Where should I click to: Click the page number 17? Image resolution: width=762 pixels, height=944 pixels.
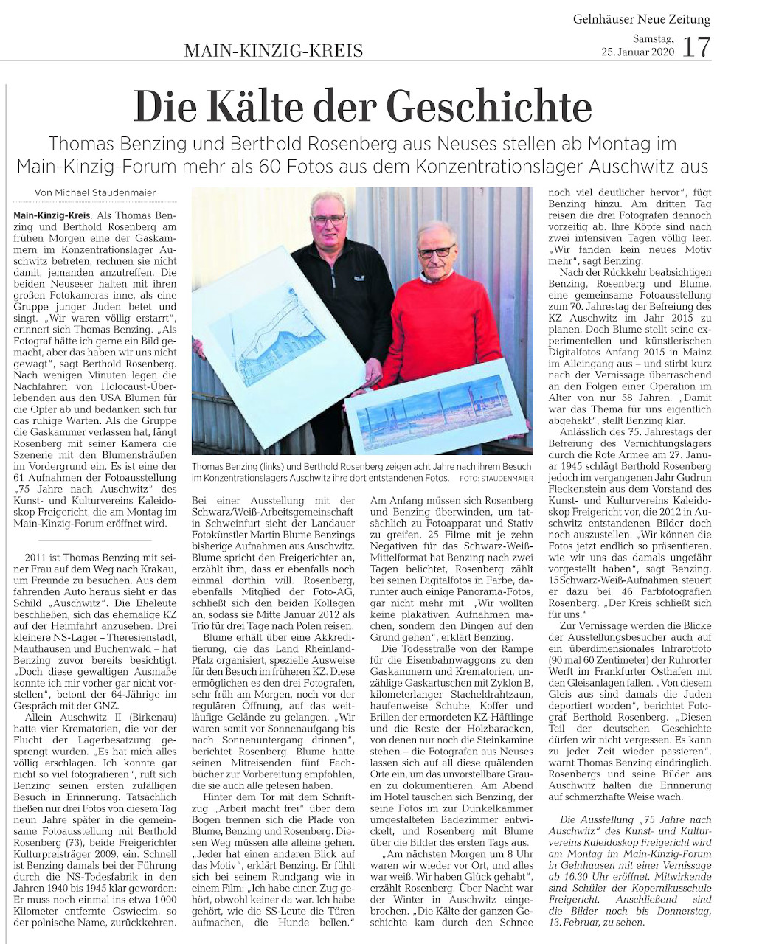point(696,47)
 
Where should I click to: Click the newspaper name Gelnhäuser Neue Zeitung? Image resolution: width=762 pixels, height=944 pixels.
point(642,19)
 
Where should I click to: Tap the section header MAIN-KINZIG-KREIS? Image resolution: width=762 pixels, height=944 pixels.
point(273,51)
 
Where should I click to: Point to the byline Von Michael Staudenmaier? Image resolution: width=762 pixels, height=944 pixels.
point(95,193)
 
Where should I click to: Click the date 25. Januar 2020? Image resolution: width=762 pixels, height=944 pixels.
point(637,52)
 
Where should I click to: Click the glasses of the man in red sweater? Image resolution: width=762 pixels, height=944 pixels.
point(436,252)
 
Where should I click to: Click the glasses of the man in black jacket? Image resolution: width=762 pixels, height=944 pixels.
point(328,219)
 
